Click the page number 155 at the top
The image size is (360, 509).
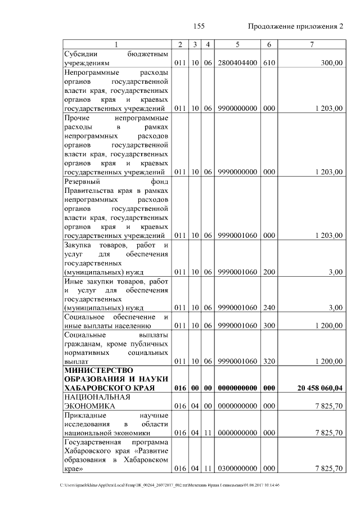pos(198,26)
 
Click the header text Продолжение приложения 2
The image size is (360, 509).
pos(295,26)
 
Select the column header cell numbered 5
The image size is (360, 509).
pos(237,44)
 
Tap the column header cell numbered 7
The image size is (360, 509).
pos(311,44)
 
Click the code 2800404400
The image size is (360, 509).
pos(237,64)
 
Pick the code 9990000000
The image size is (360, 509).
pos(237,172)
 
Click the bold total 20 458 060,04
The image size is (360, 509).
pos(319,389)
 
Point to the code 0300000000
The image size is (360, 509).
pos(237,469)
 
